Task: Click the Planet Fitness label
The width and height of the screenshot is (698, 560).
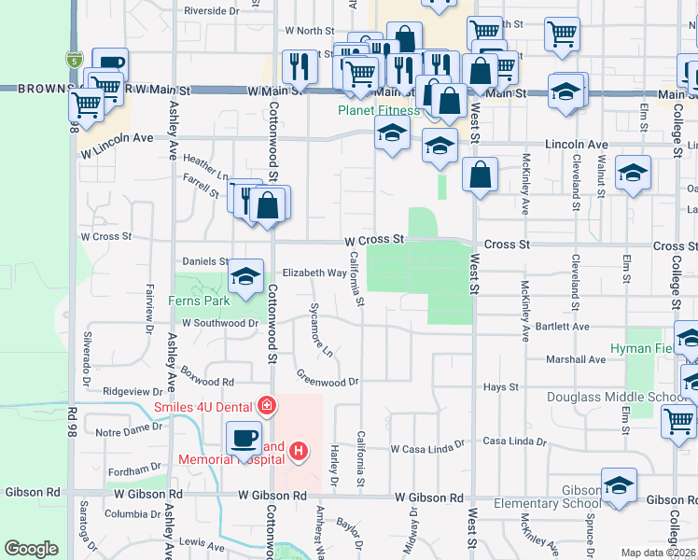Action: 378,111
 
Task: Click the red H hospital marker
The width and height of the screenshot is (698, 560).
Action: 300,452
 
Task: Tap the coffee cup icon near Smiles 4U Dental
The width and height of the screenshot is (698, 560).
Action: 245,437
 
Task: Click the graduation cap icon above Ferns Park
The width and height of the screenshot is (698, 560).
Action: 245,277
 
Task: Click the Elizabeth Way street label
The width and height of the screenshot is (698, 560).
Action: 314,273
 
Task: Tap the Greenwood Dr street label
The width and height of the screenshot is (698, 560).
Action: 328,381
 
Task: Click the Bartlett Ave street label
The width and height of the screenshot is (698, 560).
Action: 562,328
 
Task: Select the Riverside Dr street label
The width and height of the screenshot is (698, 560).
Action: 211,10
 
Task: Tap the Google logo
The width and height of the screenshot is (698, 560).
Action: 31,549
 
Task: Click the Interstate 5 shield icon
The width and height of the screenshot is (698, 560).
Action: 73,60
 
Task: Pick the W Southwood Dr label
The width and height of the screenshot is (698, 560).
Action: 219,323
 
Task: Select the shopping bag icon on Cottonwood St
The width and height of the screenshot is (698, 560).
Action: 268,205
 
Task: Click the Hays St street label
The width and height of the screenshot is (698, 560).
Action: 501,386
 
